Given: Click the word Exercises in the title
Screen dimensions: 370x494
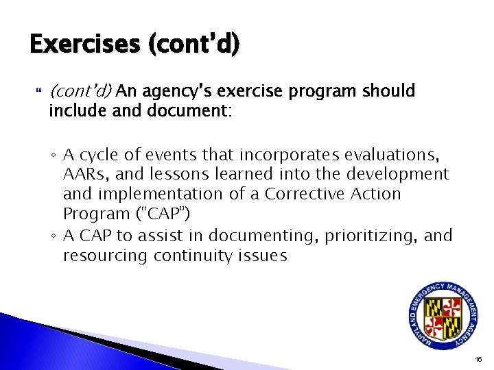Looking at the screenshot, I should [x=82, y=45].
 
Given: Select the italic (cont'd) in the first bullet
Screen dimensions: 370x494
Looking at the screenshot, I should [x=81, y=90].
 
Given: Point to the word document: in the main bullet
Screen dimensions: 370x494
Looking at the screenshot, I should [x=190, y=110].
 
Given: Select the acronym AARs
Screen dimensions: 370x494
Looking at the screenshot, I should [x=84, y=174].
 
